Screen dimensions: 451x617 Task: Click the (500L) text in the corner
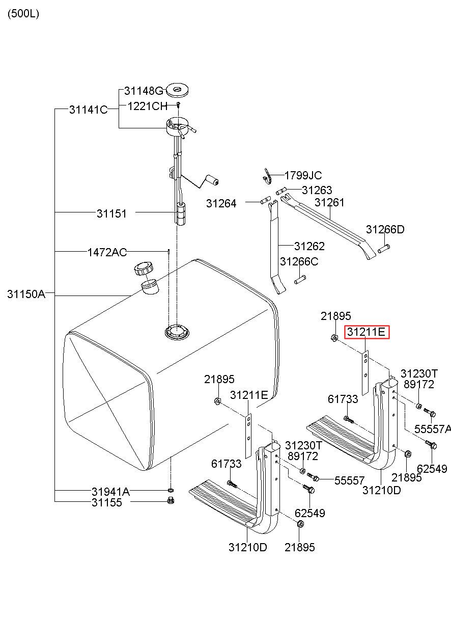tap(23, 14)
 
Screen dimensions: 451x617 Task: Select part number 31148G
tap(144, 91)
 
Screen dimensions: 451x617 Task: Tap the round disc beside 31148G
tap(178, 90)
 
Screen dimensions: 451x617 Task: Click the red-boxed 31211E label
tap(367, 332)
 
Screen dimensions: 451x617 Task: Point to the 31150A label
tap(26, 294)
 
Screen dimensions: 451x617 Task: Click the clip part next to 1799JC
tap(267, 176)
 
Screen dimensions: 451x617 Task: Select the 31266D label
tap(385, 229)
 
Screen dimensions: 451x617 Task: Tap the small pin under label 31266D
tap(384, 249)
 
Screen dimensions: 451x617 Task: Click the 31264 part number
tap(221, 204)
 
